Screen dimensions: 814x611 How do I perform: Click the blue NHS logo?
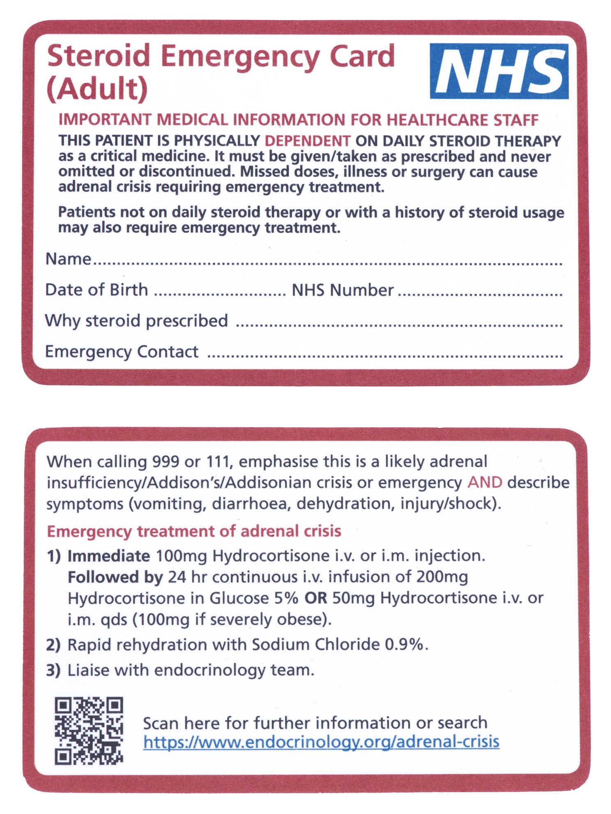(499, 71)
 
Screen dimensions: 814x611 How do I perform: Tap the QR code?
(89, 731)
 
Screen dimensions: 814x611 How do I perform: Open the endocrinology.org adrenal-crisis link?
(321, 742)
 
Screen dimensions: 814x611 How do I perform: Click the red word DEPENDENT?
(307, 141)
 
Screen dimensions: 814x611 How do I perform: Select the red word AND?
(485, 482)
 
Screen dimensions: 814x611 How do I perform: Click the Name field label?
(68, 259)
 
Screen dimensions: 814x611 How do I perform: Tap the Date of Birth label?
(96, 290)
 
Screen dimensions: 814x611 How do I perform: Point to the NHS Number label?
(342, 290)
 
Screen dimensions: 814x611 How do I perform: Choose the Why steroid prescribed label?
(136, 320)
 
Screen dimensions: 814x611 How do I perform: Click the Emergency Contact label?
(122, 352)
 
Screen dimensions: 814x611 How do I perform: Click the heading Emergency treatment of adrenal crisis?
(194, 531)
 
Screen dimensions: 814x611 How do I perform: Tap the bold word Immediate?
(109, 556)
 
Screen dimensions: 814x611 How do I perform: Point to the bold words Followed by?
(115, 577)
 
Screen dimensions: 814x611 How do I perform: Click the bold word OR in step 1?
(315, 598)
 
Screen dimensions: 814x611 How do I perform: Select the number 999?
(165, 462)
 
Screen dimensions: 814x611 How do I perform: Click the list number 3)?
(53, 670)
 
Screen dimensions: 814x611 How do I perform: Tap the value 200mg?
(442, 577)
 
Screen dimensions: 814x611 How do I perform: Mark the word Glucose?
(239, 598)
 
